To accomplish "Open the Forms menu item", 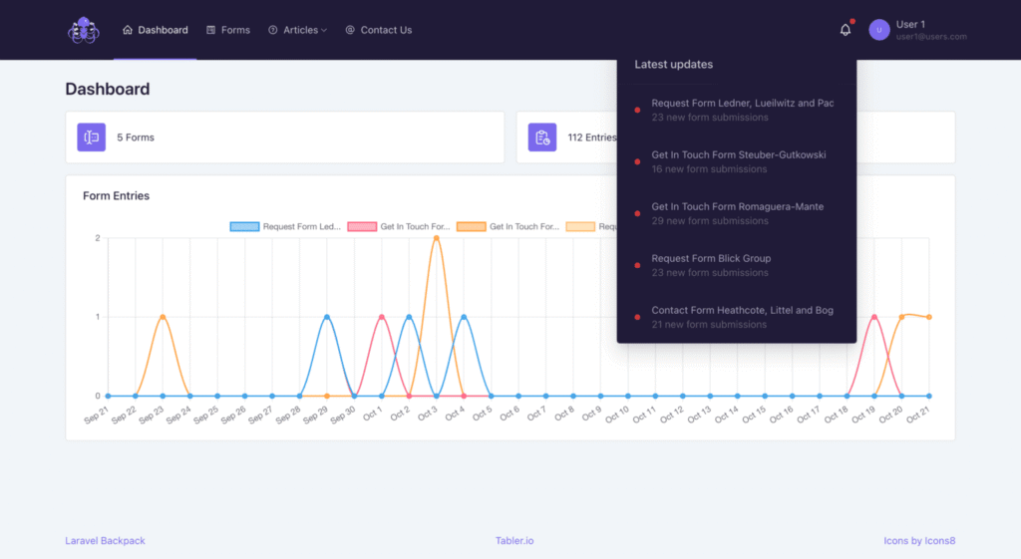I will (x=228, y=30).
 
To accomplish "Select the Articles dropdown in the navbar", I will (x=297, y=30).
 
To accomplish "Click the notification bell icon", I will (x=846, y=30).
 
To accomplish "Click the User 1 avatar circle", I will (x=878, y=30).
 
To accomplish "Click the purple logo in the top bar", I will (x=84, y=30).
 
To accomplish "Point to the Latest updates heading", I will (x=673, y=65).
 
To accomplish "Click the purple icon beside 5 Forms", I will (x=92, y=138).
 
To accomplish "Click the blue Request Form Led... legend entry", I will (x=286, y=226).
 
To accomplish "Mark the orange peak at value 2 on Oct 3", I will (x=436, y=237).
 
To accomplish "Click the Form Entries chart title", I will (x=116, y=196).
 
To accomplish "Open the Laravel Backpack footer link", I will (x=105, y=541).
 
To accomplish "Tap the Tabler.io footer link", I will (x=514, y=541).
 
